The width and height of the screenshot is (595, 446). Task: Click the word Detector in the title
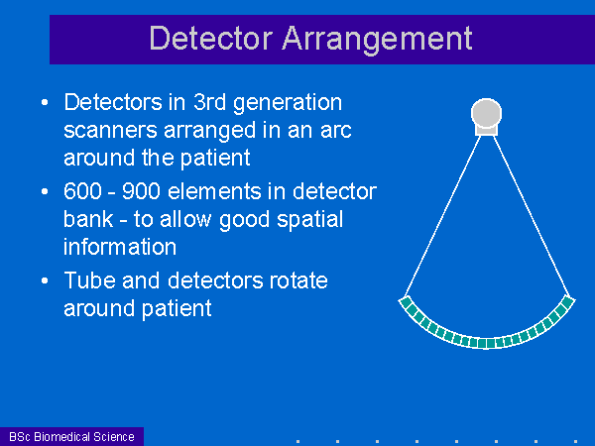[x=211, y=38]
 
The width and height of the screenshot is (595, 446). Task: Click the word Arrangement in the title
[x=377, y=41]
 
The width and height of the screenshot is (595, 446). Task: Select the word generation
[x=288, y=104]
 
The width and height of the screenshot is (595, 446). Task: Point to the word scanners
[x=110, y=130]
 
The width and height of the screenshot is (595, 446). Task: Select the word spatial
[x=309, y=221]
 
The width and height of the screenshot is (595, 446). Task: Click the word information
[x=120, y=247]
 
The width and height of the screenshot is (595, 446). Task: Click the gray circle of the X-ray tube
[x=486, y=113]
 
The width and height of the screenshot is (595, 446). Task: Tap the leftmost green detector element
[x=406, y=302]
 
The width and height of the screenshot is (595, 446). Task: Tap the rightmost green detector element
[x=567, y=302]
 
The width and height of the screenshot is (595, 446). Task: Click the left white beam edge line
[x=443, y=216]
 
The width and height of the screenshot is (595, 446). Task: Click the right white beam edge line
[x=532, y=215]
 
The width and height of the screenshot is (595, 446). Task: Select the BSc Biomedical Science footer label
[x=71, y=436]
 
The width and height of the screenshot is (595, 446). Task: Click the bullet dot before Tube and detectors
[x=45, y=280]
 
